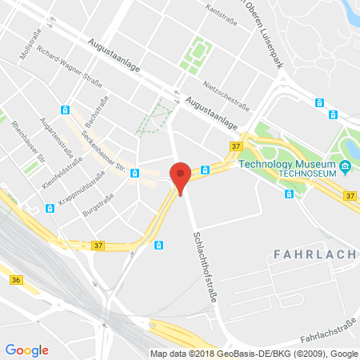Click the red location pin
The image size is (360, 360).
tap(182, 174)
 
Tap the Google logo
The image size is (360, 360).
tap(26, 350)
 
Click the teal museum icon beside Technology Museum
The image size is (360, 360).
tap(346, 166)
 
